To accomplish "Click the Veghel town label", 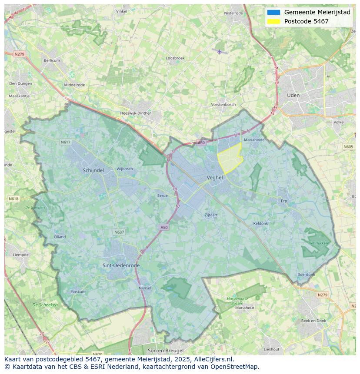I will pos(215,178).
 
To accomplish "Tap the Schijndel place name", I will pos(93,171).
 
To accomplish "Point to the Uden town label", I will pos(293,95).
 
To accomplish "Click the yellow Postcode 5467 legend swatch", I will pos(273,21).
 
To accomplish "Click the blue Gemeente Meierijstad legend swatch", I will pos(273,12).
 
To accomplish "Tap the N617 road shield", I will pos(65,142).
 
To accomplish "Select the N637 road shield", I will pos(119,232).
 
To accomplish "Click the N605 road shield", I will pos(348,147).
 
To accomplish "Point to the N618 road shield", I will pos(13,199).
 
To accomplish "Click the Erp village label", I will pos(284,201).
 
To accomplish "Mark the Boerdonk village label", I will pos(306,275).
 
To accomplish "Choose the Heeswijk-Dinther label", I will pos(135,113).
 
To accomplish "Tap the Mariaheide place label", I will pos(254,140).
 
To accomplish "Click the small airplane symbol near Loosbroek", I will pos(220,52).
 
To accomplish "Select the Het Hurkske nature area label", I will pos(319,243).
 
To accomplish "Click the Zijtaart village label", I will pos(211,215).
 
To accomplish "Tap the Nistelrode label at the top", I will pos(233,13).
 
